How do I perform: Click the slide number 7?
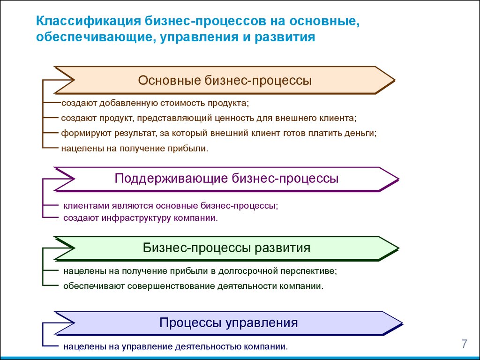coord(465,344)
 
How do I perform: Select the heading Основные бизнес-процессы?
coord(225,80)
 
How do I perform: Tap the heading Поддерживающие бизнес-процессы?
coord(226,178)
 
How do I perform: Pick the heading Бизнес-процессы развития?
coord(226,247)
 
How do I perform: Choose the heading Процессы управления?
coord(228,322)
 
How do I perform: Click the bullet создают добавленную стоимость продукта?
coord(155,103)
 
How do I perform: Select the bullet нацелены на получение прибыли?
coord(135,149)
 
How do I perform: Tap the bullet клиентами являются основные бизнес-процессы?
coord(171,206)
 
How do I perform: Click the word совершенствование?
coord(171,286)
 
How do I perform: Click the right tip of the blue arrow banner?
coord(402,323)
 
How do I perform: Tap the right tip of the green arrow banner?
coord(398,248)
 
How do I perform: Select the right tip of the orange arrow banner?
coord(395,81)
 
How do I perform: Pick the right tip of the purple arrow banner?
coord(398,179)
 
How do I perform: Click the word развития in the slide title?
coord(285,37)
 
